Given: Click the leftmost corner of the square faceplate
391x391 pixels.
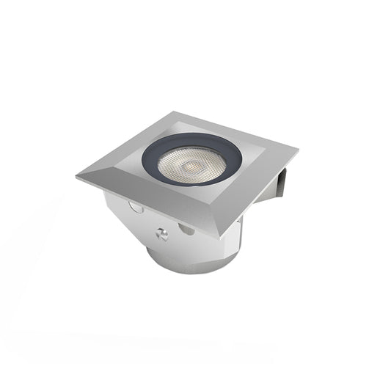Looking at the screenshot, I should coord(76,176).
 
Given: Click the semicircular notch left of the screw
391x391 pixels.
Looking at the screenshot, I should coord(136,207).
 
